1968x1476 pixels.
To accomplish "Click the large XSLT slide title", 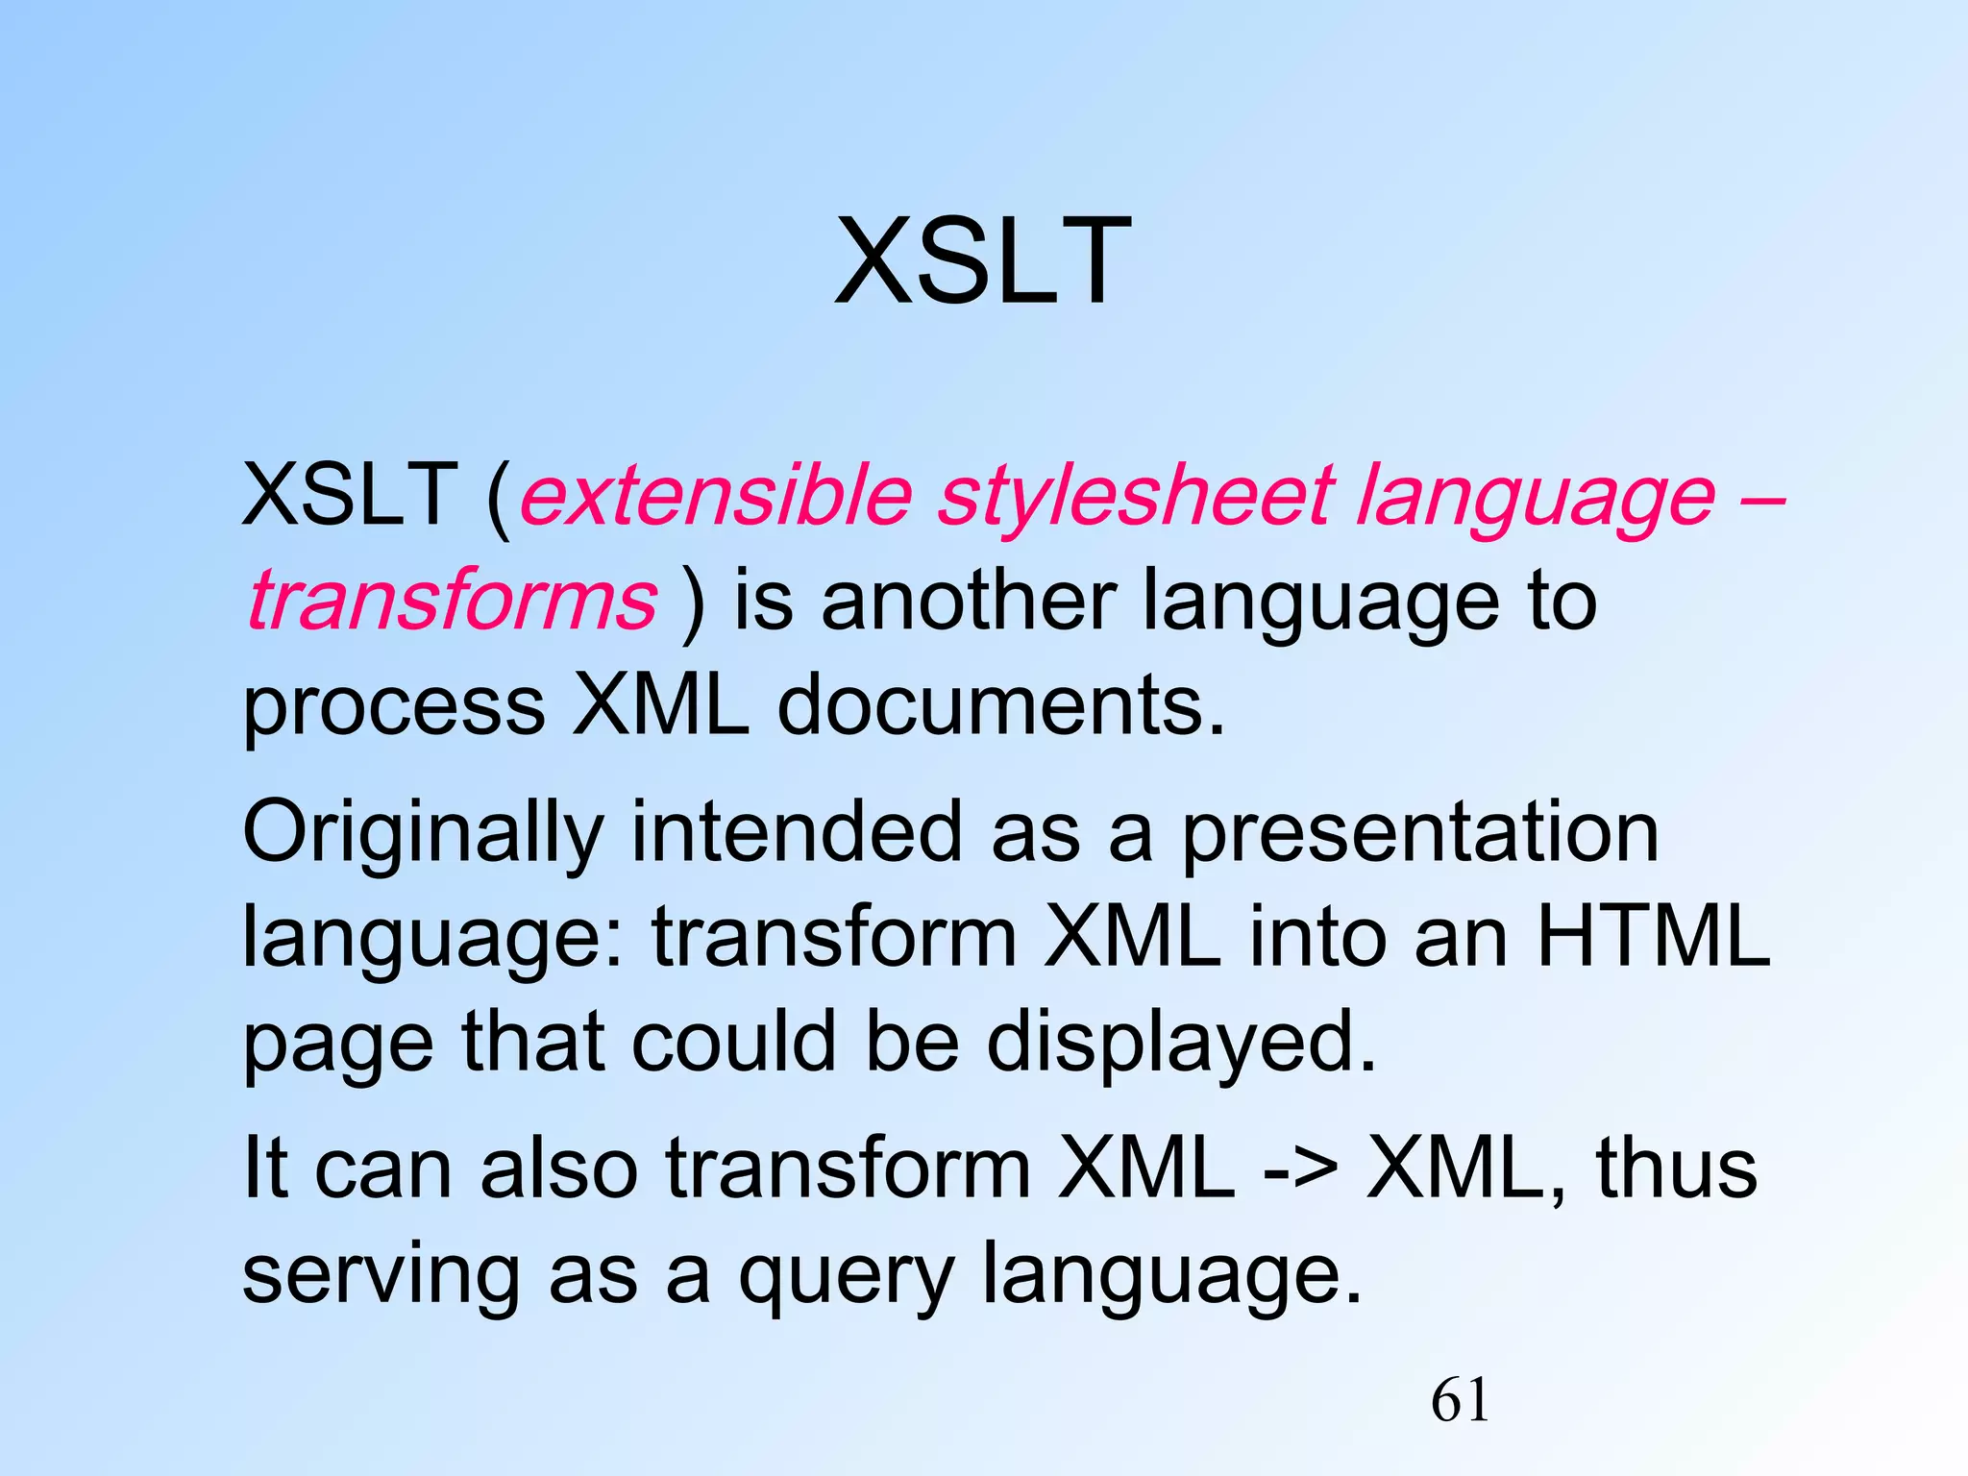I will tap(982, 261).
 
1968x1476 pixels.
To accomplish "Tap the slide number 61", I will tap(1460, 1400).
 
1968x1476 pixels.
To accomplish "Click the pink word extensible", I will tap(715, 496).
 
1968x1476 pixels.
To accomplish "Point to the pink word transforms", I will tap(452, 602).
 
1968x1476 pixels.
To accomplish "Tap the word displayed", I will tap(1182, 1044).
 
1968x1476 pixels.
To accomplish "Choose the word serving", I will tap(381, 1276).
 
